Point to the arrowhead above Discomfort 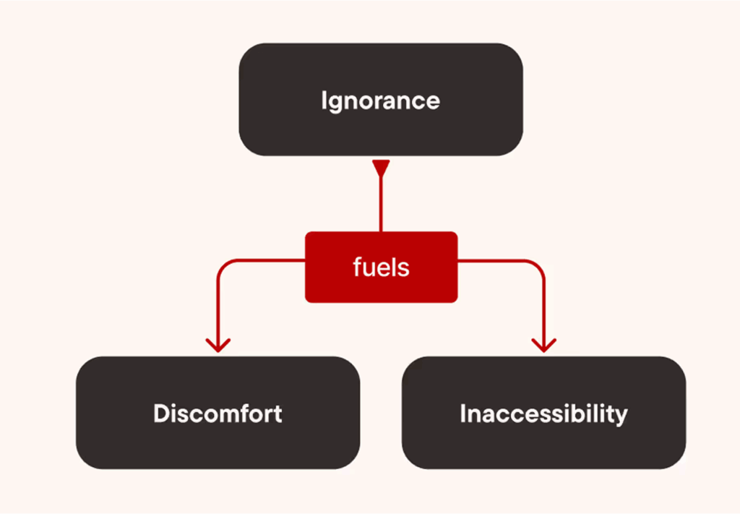218,343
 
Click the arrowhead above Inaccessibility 543,343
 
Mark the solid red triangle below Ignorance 380,168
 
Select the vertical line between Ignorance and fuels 380,206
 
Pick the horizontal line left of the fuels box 267,260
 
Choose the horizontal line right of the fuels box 495,260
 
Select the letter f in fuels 357,267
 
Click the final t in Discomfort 277,414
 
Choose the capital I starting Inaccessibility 463,414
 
